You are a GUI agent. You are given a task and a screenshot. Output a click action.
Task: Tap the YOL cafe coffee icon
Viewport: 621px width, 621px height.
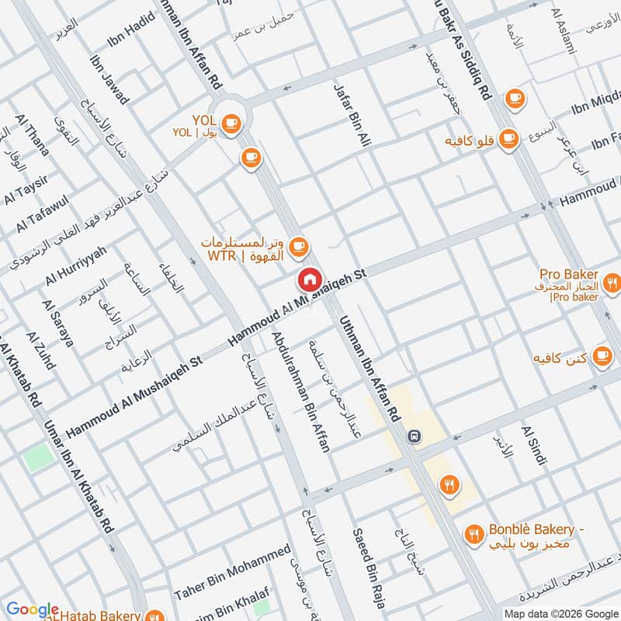click(x=230, y=123)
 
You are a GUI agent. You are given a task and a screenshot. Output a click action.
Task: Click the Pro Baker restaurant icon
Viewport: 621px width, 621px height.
click(x=612, y=283)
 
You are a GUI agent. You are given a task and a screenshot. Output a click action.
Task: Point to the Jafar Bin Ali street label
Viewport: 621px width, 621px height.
click(x=352, y=117)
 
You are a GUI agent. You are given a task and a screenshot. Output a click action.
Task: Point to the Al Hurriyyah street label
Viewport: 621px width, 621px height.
click(x=76, y=264)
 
